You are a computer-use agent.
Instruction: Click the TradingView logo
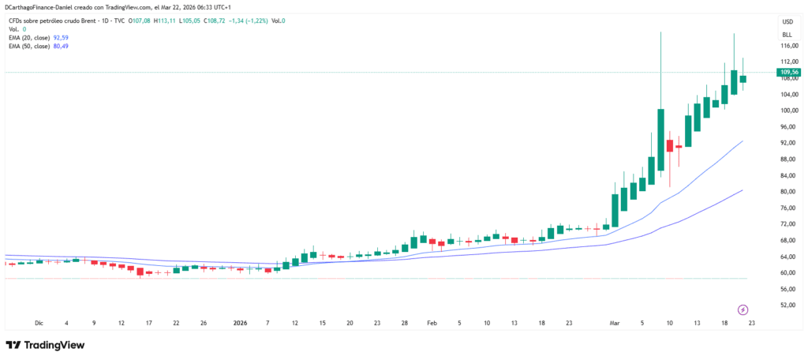tap(46, 345)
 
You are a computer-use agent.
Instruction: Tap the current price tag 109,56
tap(789, 72)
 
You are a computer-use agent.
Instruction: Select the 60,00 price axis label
tap(788, 272)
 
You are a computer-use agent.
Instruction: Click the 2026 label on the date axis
tap(241, 322)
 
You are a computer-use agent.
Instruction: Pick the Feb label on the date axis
tap(432, 322)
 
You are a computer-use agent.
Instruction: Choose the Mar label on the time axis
tap(615, 322)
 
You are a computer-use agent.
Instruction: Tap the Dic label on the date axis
tap(39, 322)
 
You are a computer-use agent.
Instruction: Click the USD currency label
tap(787, 21)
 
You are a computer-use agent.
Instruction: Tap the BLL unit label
tap(787, 35)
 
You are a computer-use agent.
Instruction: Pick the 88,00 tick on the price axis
tap(788, 159)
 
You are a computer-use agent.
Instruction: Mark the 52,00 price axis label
tap(788, 305)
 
